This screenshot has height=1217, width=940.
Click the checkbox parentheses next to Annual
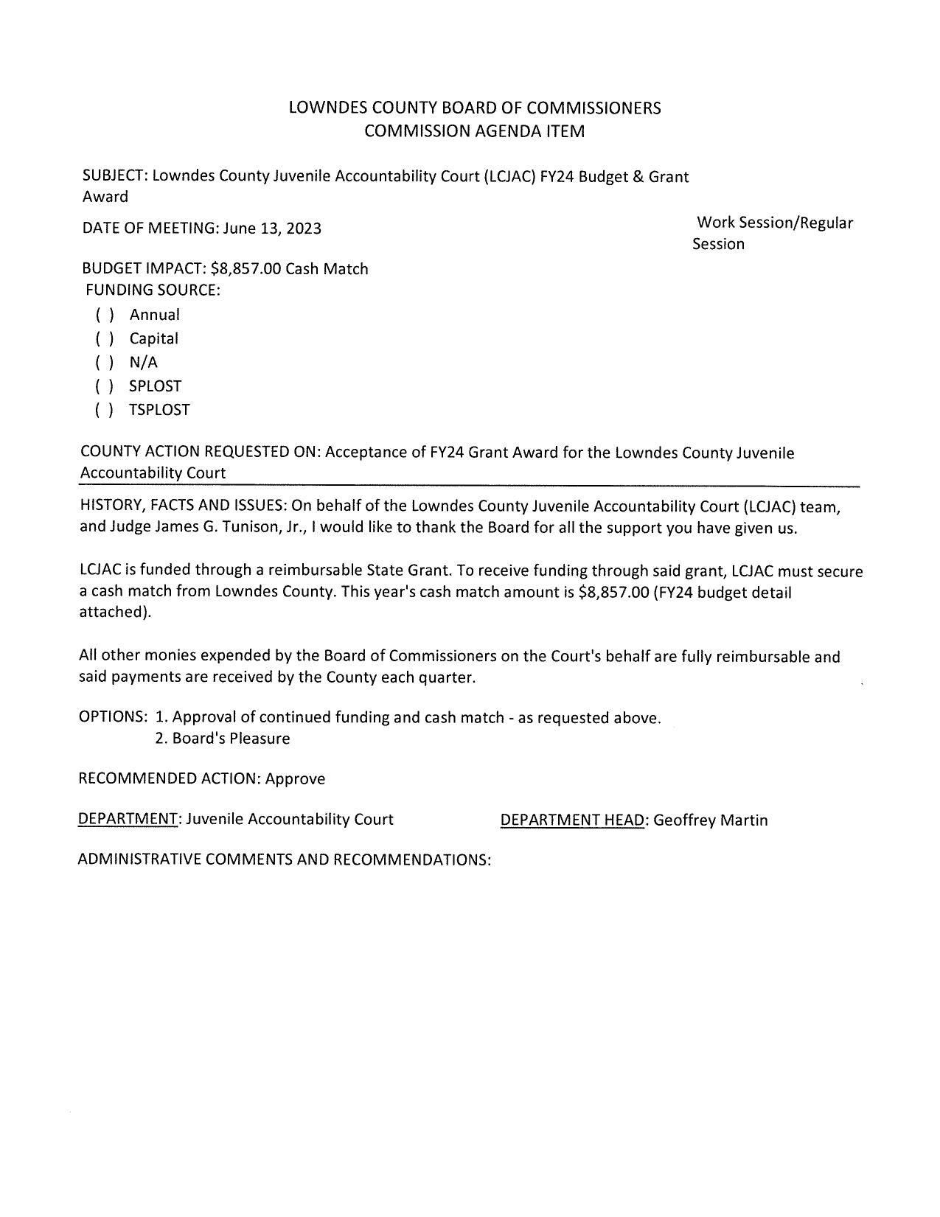(x=105, y=315)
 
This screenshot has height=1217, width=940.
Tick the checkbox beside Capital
(x=105, y=339)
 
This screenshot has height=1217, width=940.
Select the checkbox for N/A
(x=105, y=363)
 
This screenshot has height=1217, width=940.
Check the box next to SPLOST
(x=105, y=386)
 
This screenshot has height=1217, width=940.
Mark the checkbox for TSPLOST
(x=105, y=410)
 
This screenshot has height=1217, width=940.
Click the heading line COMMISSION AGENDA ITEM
(x=474, y=131)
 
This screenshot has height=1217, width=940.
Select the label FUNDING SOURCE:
(x=153, y=290)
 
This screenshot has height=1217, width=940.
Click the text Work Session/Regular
(x=774, y=223)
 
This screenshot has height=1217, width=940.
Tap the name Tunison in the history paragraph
(x=228, y=529)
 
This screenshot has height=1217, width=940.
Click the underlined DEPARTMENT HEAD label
(x=572, y=820)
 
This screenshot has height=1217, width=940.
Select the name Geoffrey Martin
(x=710, y=820)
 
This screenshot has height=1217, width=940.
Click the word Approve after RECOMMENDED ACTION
(x=295, y=779)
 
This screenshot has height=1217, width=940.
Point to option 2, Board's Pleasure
(x=223, y=739)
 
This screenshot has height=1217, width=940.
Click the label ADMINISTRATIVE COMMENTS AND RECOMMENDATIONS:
(x=284, y=860)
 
